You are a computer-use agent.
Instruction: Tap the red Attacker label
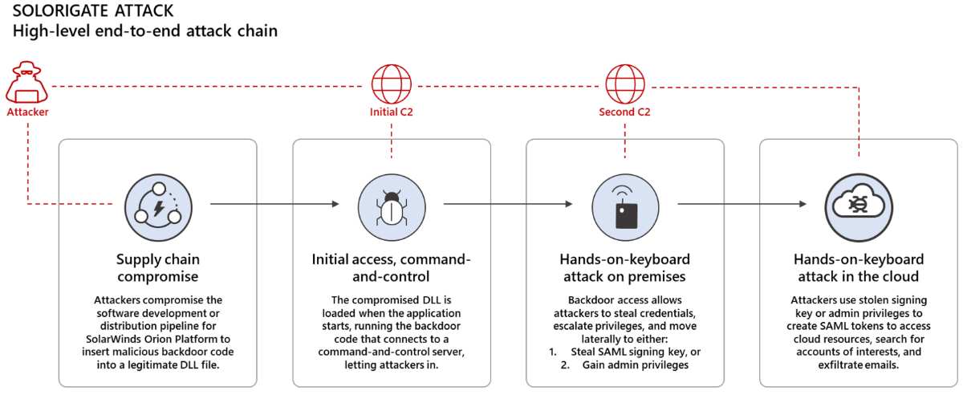27,112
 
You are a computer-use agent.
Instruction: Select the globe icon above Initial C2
392,83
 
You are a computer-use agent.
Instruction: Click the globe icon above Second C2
624,83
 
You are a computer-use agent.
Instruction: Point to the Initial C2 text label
392,112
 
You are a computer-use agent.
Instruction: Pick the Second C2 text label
624,112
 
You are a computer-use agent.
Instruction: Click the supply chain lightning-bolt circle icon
158,204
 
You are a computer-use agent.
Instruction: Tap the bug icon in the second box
392,204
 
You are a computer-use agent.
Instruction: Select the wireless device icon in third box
624,204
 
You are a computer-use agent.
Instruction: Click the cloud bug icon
858,204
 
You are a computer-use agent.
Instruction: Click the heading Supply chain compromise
158,267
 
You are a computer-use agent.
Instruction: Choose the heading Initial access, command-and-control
392,267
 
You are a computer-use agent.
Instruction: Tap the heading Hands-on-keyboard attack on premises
624,267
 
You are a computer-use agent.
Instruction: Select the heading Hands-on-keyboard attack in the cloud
858,267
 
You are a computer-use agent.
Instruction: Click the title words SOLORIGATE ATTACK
92,12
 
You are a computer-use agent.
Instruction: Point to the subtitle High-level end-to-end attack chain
144,32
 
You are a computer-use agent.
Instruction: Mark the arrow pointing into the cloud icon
742,204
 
